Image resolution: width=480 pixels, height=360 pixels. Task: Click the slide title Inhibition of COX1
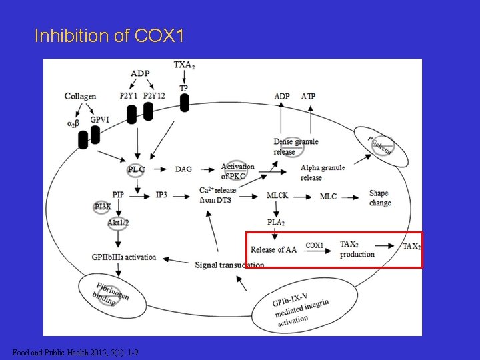(x=109, y=35)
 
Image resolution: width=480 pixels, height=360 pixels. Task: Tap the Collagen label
(x=80, y=97)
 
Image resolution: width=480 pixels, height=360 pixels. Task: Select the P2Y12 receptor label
(x=155, y=95)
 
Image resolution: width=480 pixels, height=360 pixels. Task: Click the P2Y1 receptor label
(x=129, y=95)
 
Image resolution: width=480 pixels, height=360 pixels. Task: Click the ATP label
(x=308, y=96)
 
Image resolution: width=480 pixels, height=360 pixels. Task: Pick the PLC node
(x=136, y=169)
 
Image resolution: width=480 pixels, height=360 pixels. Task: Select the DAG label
(x=184, y=169)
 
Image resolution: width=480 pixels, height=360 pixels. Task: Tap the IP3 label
(x=162, y=194)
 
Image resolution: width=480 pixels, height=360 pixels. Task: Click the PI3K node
(x=103, y=207)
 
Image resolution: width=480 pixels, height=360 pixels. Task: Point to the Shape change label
(x=380, y=198)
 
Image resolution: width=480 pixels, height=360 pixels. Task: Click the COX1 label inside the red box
(x=315, y=245)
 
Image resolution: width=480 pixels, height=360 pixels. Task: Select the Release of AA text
(x=273, y=250)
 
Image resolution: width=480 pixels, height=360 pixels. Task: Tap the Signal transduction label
(x=229, y=265)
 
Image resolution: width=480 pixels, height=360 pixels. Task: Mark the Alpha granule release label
(x=323, y=173)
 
